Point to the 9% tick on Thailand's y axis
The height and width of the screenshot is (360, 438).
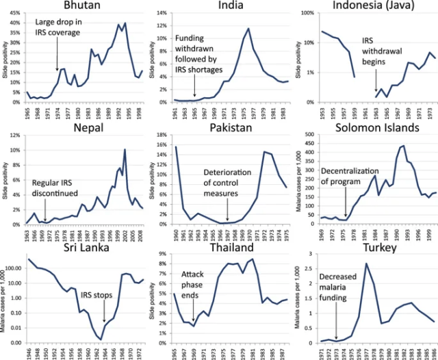[x=162, y=254]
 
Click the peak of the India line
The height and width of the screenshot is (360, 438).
[x=248, y=29]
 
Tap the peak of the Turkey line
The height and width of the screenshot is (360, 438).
[x=366, y=264]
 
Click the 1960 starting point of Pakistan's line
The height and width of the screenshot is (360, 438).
[x=176, y=146]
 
